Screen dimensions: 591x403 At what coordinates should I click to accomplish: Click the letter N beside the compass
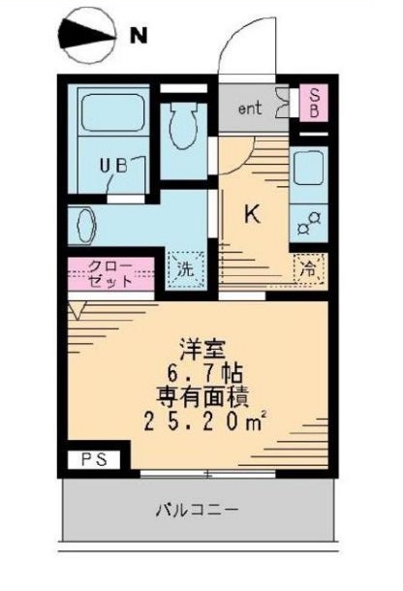(139, 38)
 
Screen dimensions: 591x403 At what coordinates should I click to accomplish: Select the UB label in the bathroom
(114, 166)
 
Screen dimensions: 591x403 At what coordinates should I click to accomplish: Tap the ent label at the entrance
(250, 108)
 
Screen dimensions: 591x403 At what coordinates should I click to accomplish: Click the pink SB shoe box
(314, 102)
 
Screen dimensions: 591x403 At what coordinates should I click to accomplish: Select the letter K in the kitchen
(251, 215)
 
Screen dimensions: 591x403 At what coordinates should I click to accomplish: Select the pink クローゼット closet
(110, 274)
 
